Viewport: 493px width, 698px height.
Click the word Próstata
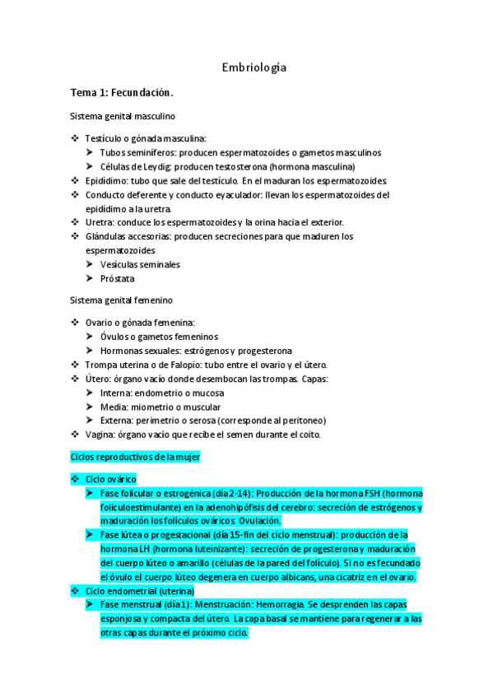tap(118, 278)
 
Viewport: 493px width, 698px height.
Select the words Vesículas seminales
tap(140, 264)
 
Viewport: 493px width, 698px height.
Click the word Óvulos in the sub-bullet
tap(114, 337)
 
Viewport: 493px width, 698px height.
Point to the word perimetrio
tap(161, 421)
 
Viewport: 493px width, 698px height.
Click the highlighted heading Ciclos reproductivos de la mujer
tap(136, 456)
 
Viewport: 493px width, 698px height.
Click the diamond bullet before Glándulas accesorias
tap(76, 236)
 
